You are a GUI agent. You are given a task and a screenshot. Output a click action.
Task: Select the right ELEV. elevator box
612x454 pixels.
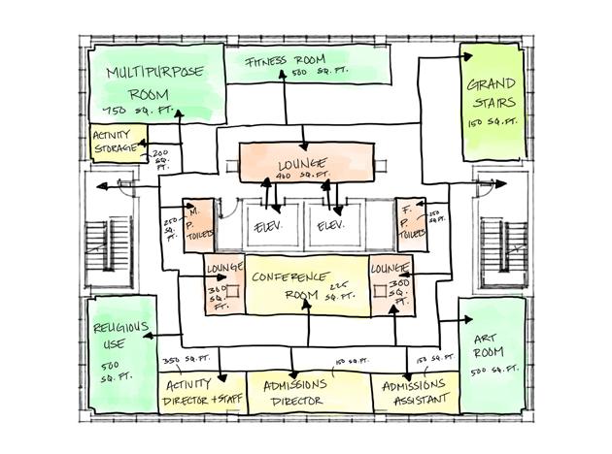pyautogui.click(x=331, y=225)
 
